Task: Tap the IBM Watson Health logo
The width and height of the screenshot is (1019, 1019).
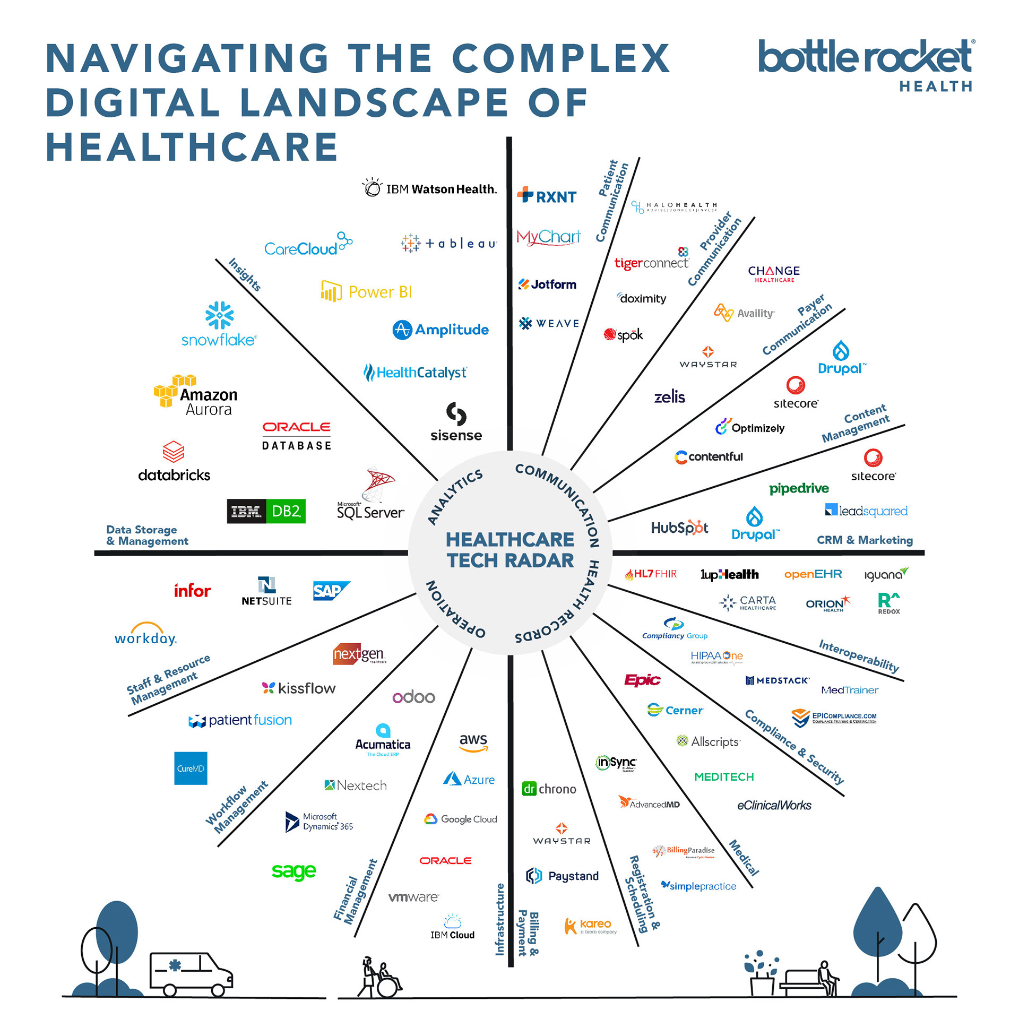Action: tap(430, 189)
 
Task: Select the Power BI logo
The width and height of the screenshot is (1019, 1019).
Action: tap(367, 292)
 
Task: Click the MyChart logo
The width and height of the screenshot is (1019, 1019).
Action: tap(548, 237)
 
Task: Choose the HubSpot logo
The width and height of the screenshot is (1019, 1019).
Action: tap(679, 528)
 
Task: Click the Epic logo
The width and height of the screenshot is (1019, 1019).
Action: tap(642, 680)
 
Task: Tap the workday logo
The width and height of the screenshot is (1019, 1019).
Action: tap(145, 635)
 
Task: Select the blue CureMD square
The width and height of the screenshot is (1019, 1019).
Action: tap(191, 768)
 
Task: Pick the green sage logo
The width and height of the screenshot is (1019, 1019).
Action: tap(293, 871)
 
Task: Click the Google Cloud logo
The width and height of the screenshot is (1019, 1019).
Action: tap(461, 819)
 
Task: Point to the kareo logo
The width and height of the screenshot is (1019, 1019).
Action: tap(590, 926)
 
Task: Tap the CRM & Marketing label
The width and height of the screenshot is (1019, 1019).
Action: tap(865, 540)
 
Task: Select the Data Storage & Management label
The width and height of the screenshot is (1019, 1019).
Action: tap(147, 535)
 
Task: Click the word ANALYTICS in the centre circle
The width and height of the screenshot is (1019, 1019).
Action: tap(455, 496)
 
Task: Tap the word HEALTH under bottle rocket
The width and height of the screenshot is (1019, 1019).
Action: tap(935, 87)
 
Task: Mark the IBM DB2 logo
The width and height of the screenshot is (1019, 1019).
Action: tap(266, 511)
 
